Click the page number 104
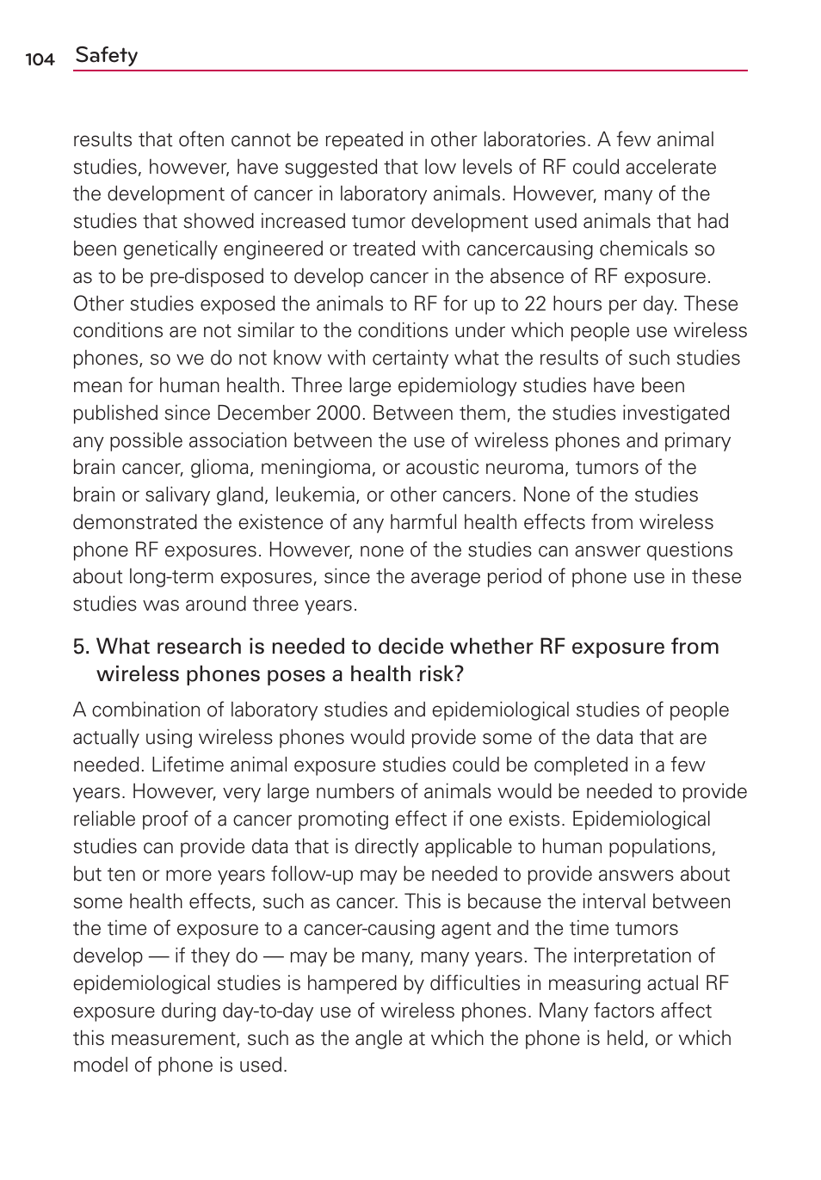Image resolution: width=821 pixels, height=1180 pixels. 40,59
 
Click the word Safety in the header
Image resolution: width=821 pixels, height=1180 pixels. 107,55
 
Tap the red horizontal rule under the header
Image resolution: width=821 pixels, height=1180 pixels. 410,71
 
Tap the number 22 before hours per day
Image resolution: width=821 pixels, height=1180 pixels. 535,304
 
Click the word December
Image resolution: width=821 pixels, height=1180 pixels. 264,414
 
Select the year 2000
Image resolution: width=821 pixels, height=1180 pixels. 338,414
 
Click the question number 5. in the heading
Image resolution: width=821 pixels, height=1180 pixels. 81,647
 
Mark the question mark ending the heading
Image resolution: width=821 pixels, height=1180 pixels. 459,674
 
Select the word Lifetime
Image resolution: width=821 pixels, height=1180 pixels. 188,765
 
